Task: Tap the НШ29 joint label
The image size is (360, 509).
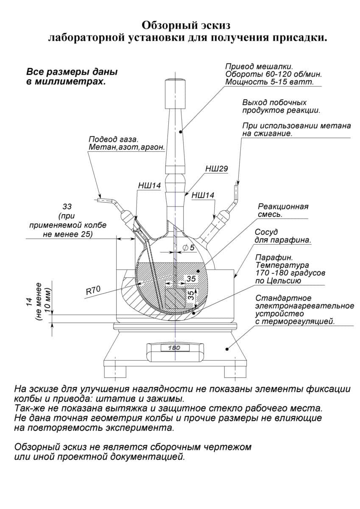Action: pyautogui.click(x=217, y=169)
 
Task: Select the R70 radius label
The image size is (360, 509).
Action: pyautogui.click(x=93, y=291)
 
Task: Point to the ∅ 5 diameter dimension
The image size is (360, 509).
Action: pyautogui.click(x=189, y=248)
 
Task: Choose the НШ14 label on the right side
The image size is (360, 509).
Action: pyautogui.click(x=203, y=195)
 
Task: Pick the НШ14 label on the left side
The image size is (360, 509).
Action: pyautogui.click(x=149, y=186)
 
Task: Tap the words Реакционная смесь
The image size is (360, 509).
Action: pyautogui.click(x=283, y=210)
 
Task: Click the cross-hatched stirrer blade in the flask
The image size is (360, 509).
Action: pyautogui.click(x=176, y=298)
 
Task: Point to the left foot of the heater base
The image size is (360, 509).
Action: pyautogui.click(x=115, y=372)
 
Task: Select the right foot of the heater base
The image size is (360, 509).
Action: pyautogui.click(x=235, y=372)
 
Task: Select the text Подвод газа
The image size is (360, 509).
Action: pyautogui.click(x=114, y=139)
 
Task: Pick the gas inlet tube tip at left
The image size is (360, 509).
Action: pyautogui.click(x=95, y=200)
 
